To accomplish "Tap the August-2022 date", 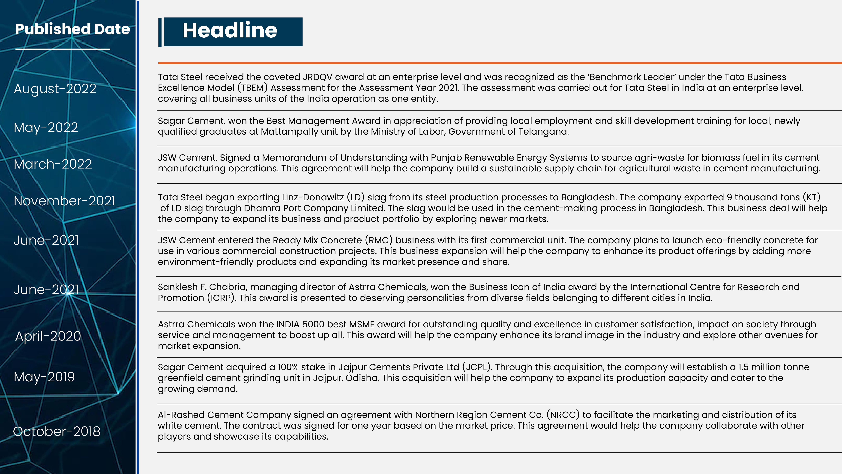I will tap(55, 89).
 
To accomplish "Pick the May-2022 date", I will tap(46, 127).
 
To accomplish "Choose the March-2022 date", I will tap(53, 164).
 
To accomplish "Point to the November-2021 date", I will tap(64, 201).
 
